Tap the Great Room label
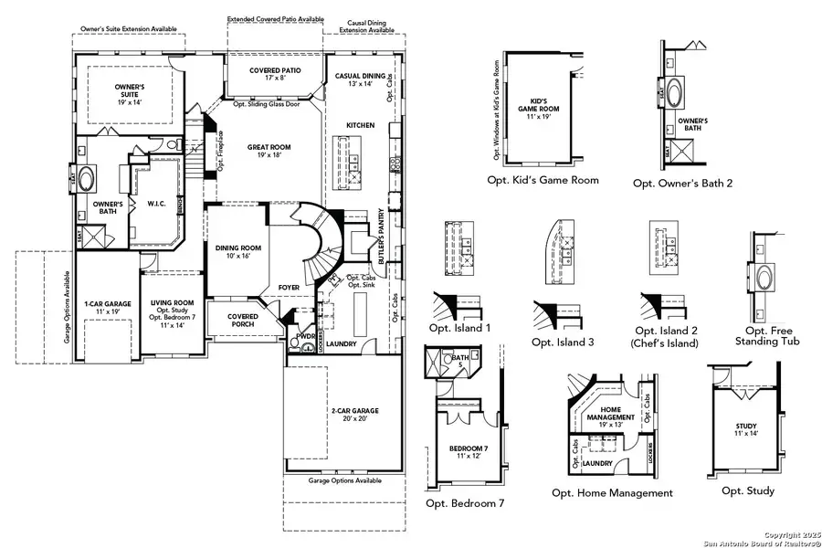(x=269, y=151)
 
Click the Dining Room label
(x=237, y=252)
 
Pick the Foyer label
(x=290, y=286)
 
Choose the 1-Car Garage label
(x=108, y=306)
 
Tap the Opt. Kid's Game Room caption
(x=543, y=180)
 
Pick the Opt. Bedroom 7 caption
(x=464, y=503)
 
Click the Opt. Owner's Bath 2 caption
(x=682, y=183)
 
